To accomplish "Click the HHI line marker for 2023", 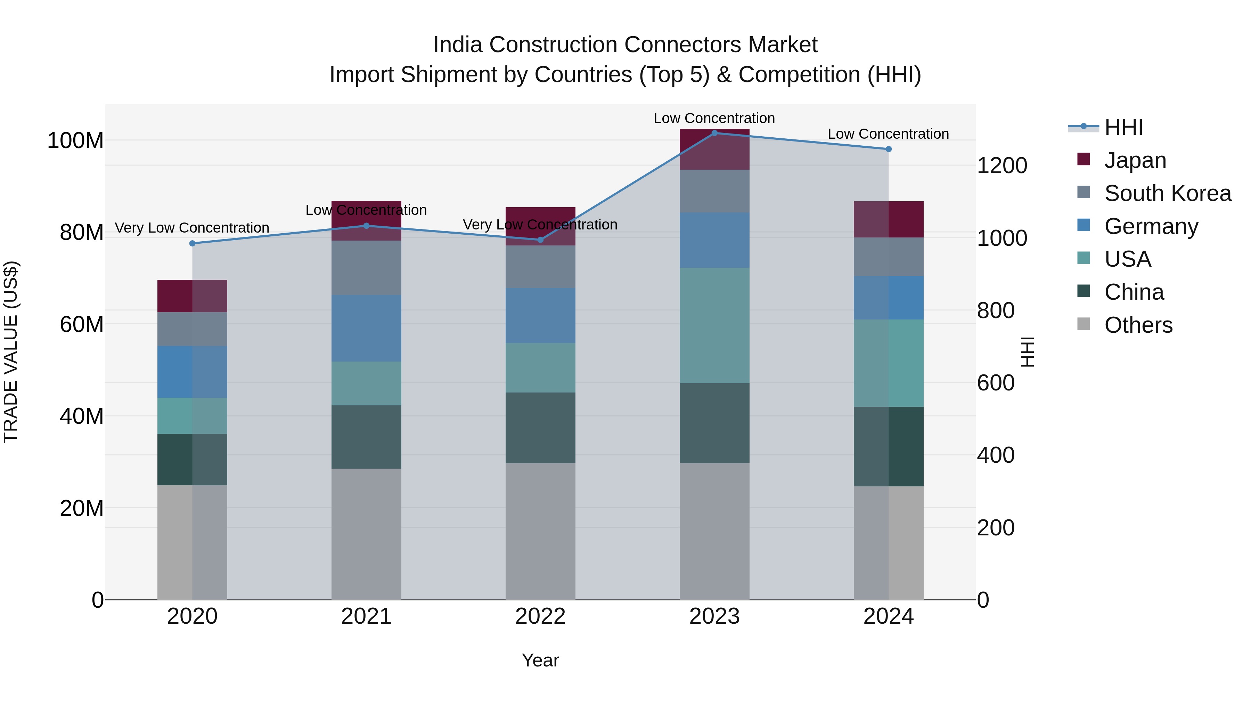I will (714, 133).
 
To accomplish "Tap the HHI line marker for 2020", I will (192, 243).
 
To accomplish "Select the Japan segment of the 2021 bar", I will (366, 220).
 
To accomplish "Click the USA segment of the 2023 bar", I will (714, 325).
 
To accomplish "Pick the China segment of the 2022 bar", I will (540, 428).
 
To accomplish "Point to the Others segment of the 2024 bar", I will (888, 543).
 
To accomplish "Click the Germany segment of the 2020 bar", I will (192, 372).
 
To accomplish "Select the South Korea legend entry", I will (1168, 193).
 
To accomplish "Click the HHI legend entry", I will (1123, 127).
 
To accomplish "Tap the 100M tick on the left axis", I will (75, 141).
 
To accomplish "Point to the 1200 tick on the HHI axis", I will (1001, 166).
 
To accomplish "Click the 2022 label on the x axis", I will (540, 616).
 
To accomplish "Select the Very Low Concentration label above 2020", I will (192, 227).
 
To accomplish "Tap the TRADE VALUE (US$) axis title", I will (11, 352).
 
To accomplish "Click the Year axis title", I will (540, 660).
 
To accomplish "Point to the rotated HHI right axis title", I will (1027, 352).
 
